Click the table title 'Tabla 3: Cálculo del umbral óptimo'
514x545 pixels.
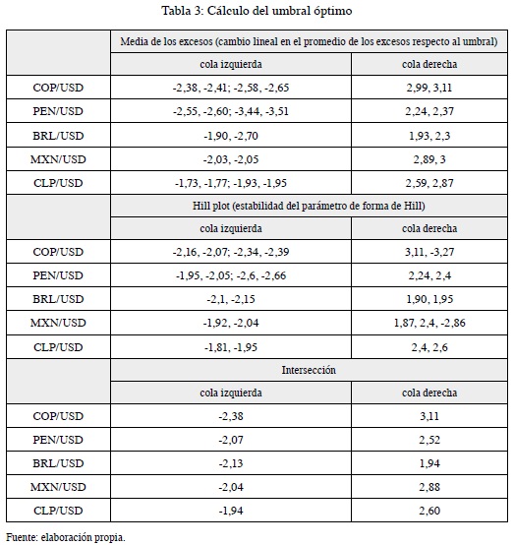257,11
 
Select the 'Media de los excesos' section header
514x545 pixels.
309,41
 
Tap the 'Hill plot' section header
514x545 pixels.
309,206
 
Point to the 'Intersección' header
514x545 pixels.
309,370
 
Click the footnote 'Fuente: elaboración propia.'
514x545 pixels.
66,537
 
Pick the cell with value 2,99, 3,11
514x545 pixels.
429,88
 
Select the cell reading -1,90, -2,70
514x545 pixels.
231,136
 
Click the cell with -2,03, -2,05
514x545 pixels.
231,159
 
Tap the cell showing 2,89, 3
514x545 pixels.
429,159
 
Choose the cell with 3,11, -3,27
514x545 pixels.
429,252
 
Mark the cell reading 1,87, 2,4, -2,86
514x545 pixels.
429,323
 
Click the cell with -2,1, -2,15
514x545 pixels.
231,299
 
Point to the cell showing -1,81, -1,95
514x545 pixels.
231,347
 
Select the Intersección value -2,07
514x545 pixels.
231,440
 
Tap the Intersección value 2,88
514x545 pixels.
429,487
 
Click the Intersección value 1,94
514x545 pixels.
429,463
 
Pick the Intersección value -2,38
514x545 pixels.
231,416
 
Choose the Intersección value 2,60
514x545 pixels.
429,511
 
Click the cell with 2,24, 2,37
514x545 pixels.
429,111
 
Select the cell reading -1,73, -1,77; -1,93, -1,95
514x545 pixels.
231,183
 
